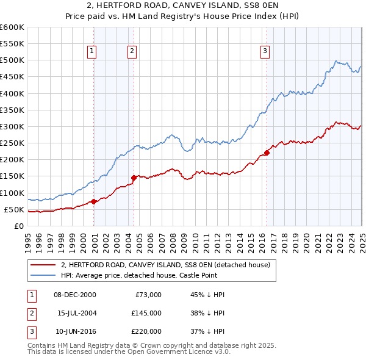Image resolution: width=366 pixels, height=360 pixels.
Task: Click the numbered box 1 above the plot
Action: point(91,52)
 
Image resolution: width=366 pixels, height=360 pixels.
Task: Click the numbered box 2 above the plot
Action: point(132,52)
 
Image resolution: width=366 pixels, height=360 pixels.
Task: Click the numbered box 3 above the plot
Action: point(265,52)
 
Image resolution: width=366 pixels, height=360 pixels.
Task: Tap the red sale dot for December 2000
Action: point(94,201)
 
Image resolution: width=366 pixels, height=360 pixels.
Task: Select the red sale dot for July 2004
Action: point(134,178)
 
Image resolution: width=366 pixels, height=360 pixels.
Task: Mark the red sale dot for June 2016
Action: point(267,153)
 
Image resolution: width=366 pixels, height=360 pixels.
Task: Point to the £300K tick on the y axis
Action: point(12,127)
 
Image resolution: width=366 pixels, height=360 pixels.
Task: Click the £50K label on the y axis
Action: point(14,209)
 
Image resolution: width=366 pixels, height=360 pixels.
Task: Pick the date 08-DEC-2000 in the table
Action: point(74,295)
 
